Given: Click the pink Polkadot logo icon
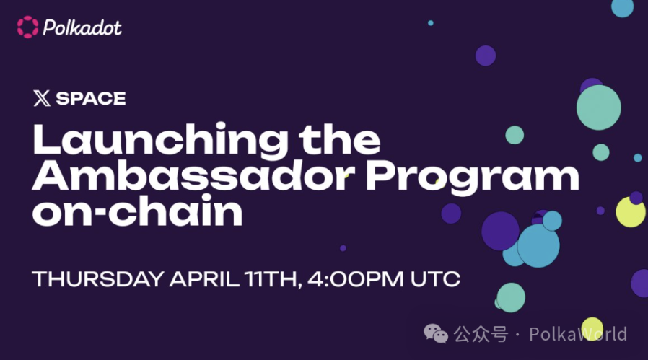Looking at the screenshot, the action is click(27, 27).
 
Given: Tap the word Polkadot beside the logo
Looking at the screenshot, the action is click(82, 27).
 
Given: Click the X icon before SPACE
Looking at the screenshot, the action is click(42, 98).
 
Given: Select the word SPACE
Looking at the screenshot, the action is click(91, 98).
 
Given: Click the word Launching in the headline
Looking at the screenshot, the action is click(161, 141).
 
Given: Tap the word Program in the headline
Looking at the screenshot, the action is click(473, 178).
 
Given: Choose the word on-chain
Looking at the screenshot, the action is click(138, 211).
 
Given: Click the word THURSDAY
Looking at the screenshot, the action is click(98, 279).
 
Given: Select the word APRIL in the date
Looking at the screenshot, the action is click(204, 279).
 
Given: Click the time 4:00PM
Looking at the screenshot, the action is click(356, 279).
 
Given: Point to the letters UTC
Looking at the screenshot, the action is click(435, 279).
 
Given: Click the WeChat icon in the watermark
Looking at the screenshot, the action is click(436, 333).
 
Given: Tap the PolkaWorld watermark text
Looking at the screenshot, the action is click(578, 334).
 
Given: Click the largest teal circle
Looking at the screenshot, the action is click(598, 107).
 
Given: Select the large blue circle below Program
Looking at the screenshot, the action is click(538, 245).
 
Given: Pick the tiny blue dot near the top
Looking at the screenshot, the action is click(431, 23).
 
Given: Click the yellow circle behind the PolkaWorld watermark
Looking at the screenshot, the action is click(592, 328).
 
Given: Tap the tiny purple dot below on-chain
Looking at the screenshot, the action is click(343, 248).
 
